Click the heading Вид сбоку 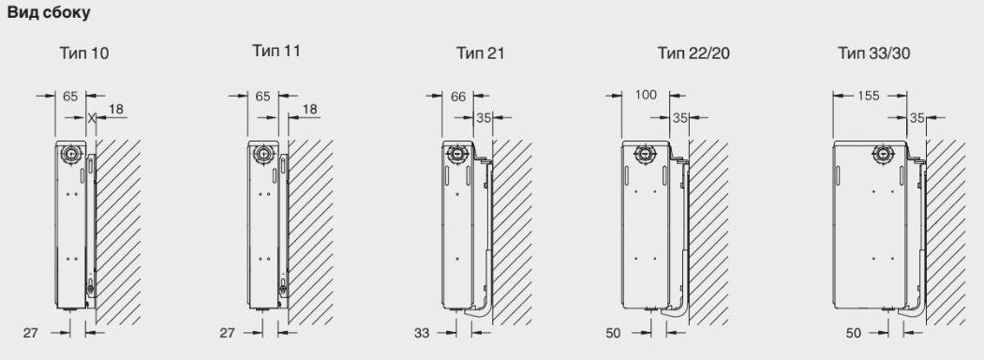point(49,12)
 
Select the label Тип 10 point(84,53)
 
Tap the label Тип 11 point(276,51)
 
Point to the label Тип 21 point(480,53)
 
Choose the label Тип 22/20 point(693,53)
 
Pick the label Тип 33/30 point(873,53)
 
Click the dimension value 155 point(868,97)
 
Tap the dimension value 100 point(646,95)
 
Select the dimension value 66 point(459,97)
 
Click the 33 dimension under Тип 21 point(422,333)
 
